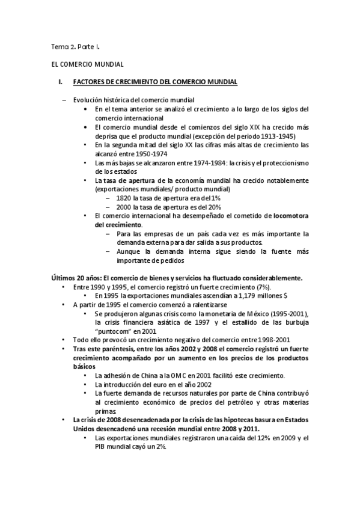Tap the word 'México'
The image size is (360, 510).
pyautogui.click(x=243, y=314)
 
